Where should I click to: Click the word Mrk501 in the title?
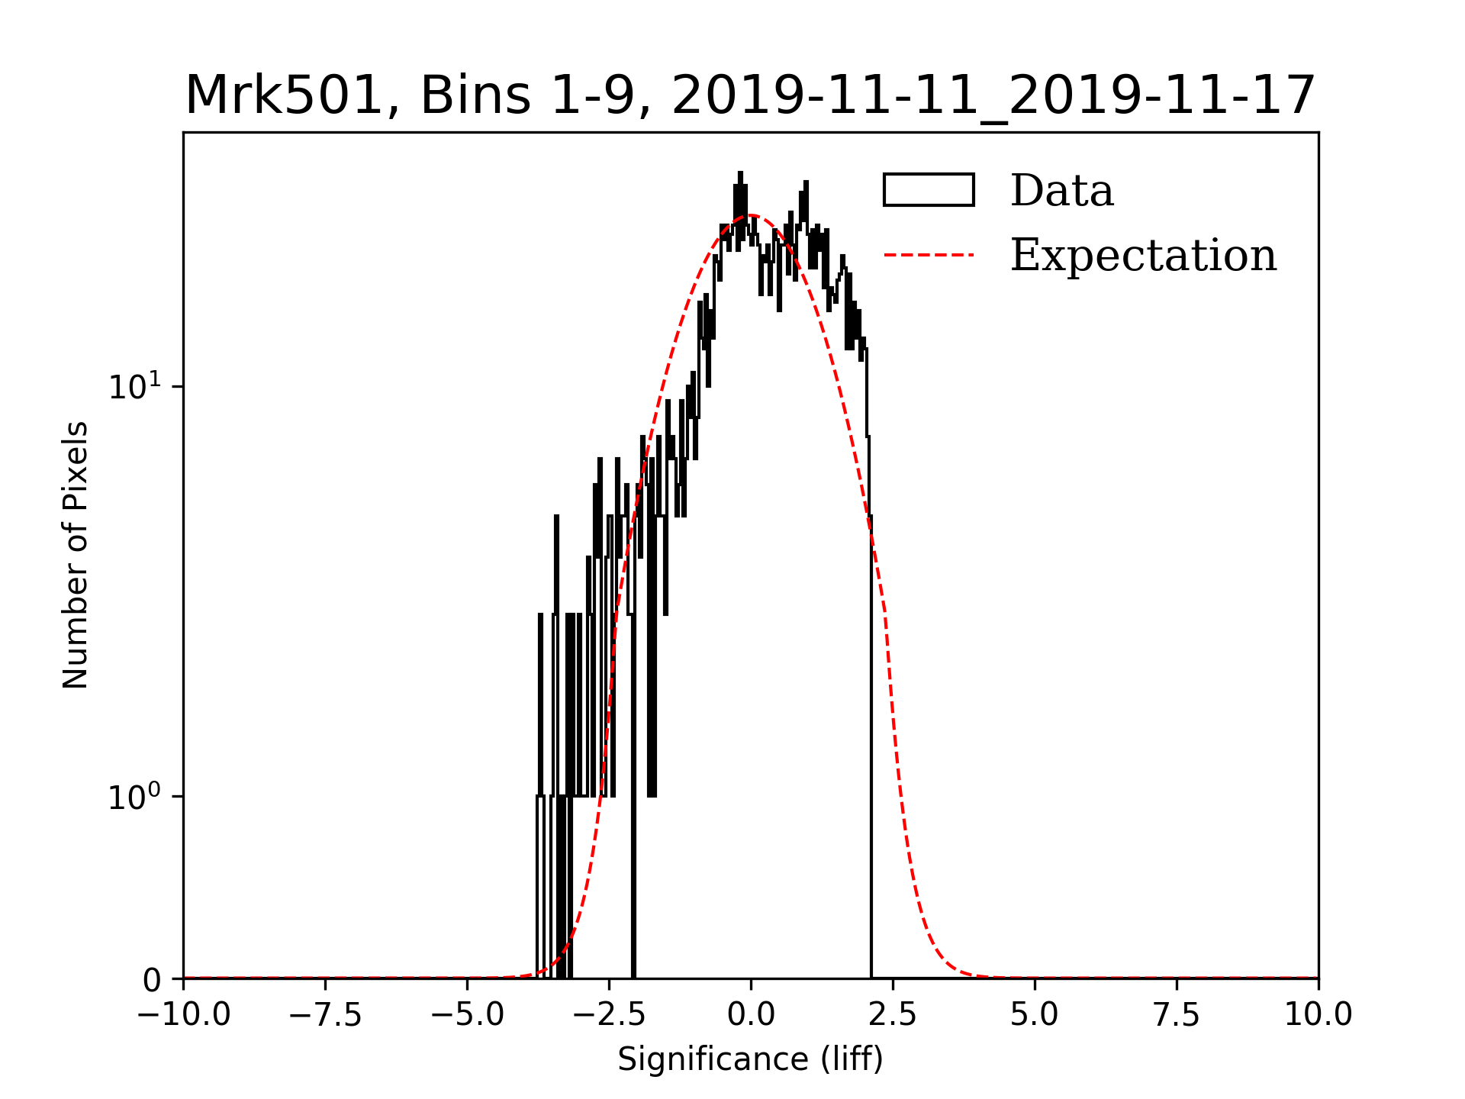tap(283, 96)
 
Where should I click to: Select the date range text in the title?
tap(993, 96)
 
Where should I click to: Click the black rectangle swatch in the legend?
tap(929, 190)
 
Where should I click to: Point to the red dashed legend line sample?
tap(929, 255)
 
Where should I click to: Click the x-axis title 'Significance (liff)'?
tap(750, 1059)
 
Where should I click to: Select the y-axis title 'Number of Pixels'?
tap(76, 555)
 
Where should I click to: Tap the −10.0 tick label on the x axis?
tap(183, 1014)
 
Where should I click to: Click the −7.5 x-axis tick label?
tap(325, 1014)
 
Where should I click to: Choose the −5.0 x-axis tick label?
tap(467, 1014)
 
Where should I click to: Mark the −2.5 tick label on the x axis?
tap(609, 1014)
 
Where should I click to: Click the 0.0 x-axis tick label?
tap(751, 1014)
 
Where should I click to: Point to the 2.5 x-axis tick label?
tap(893, 1014)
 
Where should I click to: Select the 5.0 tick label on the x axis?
tap(1035, 1014)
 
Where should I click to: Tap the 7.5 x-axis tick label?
tap(1177, 1014)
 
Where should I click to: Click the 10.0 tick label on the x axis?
tap(1318, 1014)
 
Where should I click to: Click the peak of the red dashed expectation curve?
tap(751, 215)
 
